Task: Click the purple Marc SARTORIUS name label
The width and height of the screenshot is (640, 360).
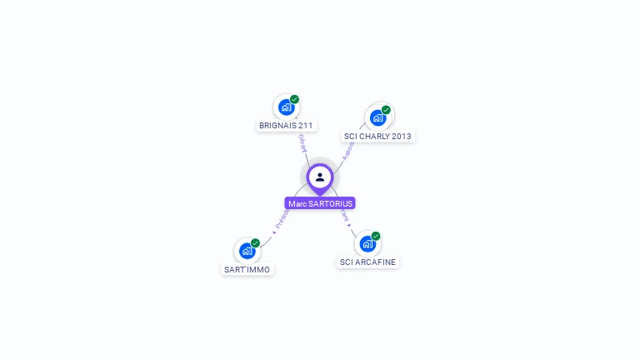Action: coord(320,203)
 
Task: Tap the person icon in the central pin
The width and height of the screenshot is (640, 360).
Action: coord(320,177)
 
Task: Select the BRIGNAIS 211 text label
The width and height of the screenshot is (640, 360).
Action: coord(286,126)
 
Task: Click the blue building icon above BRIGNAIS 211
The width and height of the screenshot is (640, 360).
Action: coord(286,107)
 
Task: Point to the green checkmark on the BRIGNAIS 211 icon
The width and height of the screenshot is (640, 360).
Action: coord(294,99)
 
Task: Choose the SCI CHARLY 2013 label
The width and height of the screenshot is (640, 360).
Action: coord(377,136)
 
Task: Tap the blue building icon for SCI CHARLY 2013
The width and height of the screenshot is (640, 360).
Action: coord(377,117)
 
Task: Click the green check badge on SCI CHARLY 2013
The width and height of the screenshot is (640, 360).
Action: coord(386,109)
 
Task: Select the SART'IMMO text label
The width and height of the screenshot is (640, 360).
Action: coord(247,269)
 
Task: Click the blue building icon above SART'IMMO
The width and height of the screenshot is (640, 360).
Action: coord(247,251)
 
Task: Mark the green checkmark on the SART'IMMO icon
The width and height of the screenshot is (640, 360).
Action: coord(255,242)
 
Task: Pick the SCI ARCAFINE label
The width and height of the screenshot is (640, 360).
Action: coord(367,262)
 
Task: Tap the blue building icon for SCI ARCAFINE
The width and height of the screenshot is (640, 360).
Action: coord(367,244)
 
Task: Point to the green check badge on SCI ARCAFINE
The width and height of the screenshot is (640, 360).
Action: coord(376,236)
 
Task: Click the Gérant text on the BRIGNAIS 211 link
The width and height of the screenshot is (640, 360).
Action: coord(302,142)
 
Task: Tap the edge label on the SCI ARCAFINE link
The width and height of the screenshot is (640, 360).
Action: coord(344,216)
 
